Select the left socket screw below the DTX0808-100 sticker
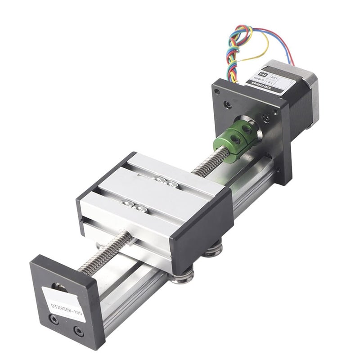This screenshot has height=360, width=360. [x=54, y=321]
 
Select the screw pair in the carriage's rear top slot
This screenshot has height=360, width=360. [x=162, y=181]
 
